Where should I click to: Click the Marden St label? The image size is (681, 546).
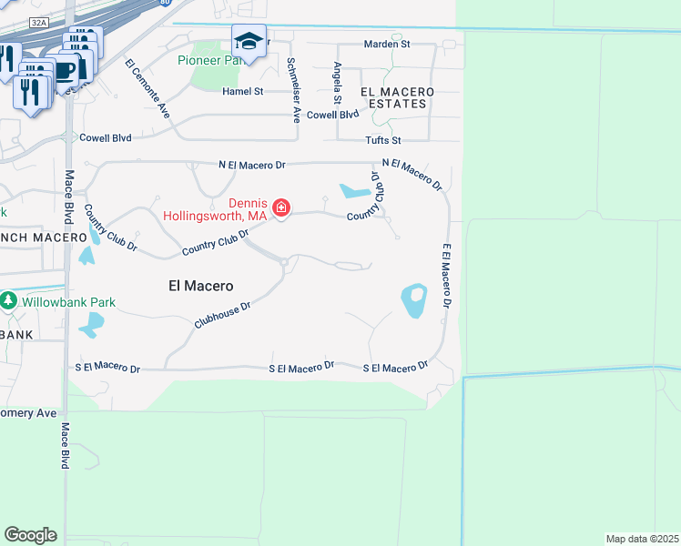click(387, 44)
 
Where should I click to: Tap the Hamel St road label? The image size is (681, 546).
click(243, 91)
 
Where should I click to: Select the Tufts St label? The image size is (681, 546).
click(383, 140)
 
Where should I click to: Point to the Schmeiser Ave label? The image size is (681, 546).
click(293, 90)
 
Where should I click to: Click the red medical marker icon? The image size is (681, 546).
click(281, 208)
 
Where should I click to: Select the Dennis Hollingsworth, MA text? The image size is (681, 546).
click(215, 209)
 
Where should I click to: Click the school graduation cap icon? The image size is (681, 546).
click(249, 40)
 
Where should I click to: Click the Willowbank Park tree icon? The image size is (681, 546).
click(9, 299)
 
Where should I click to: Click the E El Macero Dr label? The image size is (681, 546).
click(447, 273)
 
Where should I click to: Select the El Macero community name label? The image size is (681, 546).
click(201, 285)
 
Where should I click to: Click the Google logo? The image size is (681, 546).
click(30, 534)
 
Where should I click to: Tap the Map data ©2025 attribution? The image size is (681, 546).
click(643, 538)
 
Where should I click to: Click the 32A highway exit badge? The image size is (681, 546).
click(36, 21)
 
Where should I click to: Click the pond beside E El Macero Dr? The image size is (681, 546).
click(413, 300)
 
